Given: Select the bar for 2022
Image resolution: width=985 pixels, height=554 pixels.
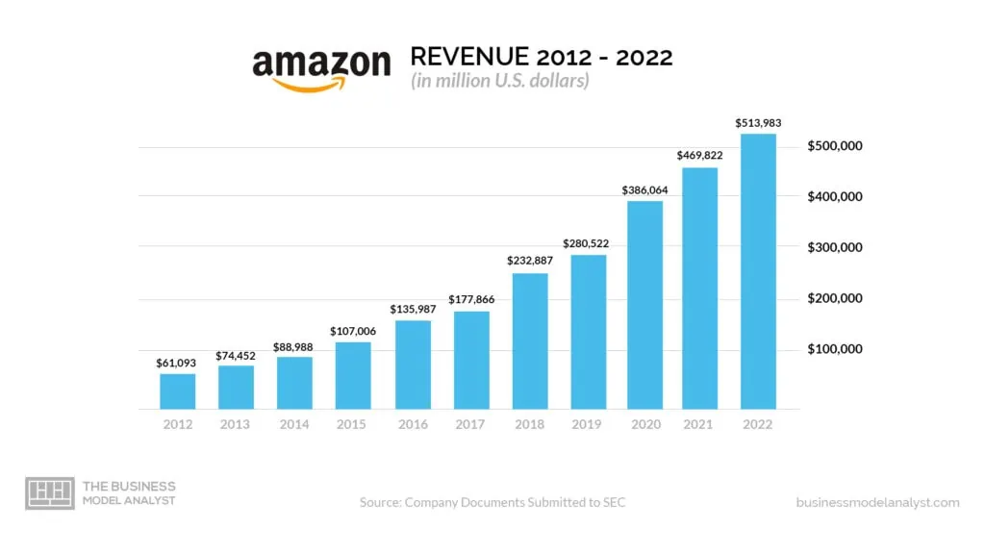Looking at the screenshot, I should pos(757,271).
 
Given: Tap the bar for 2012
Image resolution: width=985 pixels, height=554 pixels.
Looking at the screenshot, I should pos(177,390).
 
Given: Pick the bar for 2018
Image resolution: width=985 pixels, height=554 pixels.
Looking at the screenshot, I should pos(529,340).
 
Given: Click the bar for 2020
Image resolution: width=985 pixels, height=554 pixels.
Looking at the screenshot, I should pos(645,304).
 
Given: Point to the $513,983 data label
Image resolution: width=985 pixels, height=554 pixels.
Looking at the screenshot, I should pos(757,123).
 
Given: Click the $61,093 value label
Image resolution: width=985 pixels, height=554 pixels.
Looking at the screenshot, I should pos(177,363).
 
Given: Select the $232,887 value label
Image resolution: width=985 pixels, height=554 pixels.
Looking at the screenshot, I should pos(529,261).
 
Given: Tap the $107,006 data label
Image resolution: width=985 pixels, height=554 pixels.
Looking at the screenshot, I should pos(353,330).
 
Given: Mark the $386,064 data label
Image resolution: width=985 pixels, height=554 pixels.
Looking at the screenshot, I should pos(645,189).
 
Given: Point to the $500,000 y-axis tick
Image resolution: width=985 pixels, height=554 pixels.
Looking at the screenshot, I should pos(834,146).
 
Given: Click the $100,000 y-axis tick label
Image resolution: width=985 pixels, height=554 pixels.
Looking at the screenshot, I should pos(834,348).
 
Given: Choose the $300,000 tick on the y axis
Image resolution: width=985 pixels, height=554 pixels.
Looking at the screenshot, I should pos(834,247).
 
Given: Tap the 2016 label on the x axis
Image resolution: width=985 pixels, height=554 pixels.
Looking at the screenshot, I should pos(412,424).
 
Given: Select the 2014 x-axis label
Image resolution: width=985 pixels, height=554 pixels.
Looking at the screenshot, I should pos(294,424).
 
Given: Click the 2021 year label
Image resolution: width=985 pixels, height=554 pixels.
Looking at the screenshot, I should pos(699,424).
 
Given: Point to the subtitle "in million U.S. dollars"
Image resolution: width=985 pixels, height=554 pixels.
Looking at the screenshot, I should pos(500,81).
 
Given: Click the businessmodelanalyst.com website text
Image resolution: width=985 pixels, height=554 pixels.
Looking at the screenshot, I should pos(877,502).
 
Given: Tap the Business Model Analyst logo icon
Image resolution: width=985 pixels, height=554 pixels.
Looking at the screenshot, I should pos(49,493).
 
